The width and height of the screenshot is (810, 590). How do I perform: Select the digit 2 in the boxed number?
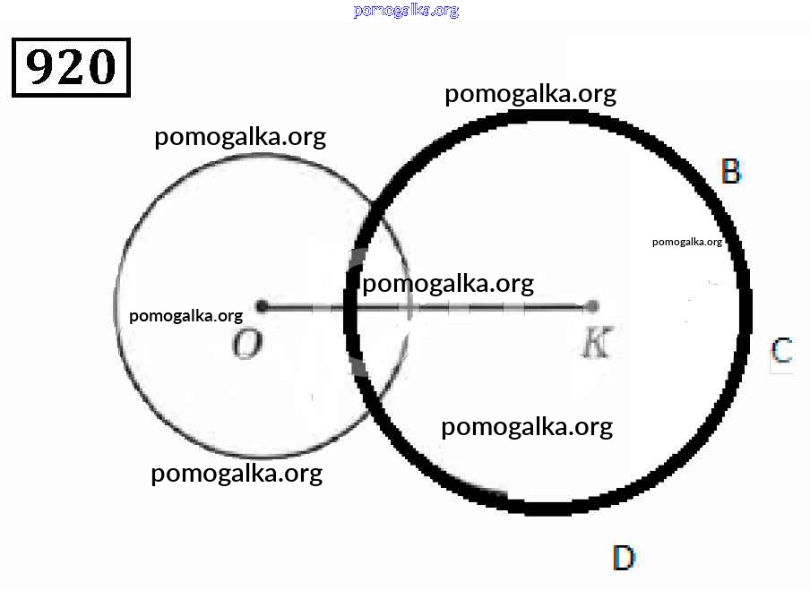(x=70, y=66)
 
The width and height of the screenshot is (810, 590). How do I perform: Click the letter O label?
(x=247, y=345)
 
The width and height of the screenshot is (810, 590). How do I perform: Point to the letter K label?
(x=598, y=341)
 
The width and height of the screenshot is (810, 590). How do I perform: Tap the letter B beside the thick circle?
(x=731, y=171)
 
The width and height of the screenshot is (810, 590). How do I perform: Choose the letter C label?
(x=781, y=350)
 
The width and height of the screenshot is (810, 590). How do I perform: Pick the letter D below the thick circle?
(x=624, y=558)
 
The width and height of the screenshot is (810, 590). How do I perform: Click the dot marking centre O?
(x=262, y=306)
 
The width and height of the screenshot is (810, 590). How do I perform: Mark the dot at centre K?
(x=592, y=306)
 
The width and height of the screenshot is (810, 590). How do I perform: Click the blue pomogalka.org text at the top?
(x=406, y=11)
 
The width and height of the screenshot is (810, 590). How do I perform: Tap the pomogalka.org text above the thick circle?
(x=530, y=95)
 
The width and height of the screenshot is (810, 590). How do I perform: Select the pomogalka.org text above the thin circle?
(x=240, y=137)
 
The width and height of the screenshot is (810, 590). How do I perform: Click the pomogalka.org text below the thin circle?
(x=237, y=474)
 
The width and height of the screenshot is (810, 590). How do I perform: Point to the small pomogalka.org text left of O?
(x=186, y=316)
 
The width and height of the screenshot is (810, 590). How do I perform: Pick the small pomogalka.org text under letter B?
(x=687, y=242)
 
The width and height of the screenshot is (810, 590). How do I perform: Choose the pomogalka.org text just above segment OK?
(x=448, y=284)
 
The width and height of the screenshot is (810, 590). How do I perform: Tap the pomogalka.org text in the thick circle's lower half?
(x=527, y=427)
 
